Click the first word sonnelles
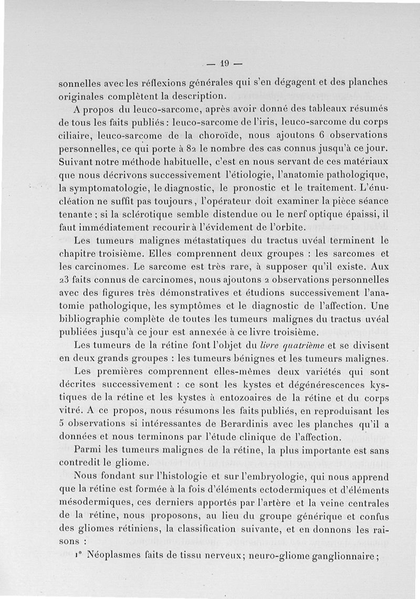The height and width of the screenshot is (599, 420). [80, 83]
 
